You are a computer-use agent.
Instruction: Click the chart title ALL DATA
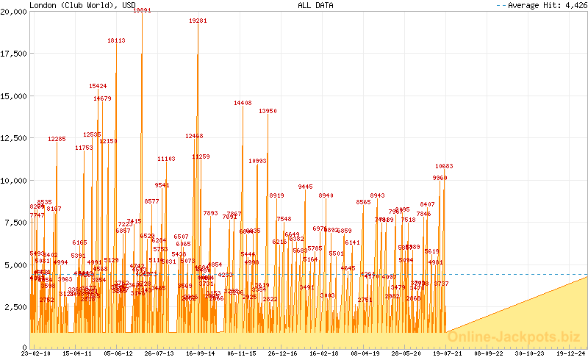coord(315,4)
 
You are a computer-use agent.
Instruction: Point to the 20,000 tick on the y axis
coord(14,11)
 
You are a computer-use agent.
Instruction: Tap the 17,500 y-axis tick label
coord(14,54)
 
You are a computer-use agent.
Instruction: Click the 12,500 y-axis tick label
coord(14,138)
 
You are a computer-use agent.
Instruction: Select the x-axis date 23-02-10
coord(35,353)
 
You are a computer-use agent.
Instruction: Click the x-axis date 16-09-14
coord(201,353)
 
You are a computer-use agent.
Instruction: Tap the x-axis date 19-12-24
coord(571,353)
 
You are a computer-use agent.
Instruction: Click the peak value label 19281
coord(198,21)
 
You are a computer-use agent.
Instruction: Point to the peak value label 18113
coord(116,41)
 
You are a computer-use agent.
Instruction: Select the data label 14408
coord(243,104)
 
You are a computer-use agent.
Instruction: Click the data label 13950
coord(268,111)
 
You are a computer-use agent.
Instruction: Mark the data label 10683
coord(444,166)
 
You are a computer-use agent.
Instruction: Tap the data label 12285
coord(57,139)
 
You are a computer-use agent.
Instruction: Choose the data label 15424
coord(98,86)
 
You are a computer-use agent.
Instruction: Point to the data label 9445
coord(305,187)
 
